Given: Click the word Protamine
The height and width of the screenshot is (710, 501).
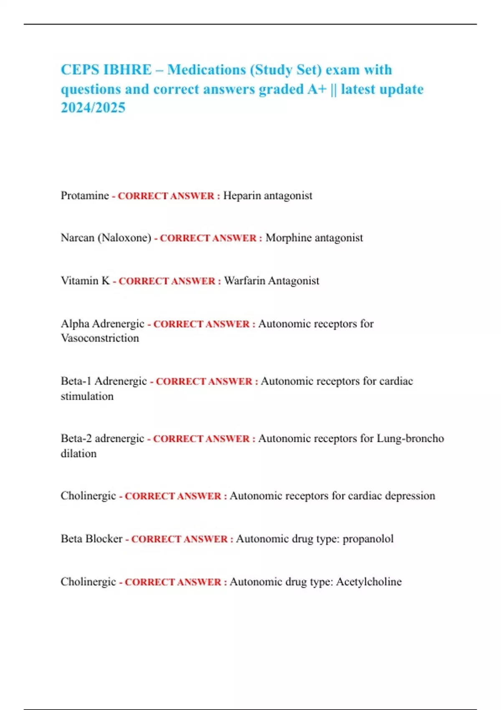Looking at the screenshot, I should tap(85, 195).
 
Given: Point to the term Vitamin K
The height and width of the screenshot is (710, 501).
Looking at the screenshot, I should tap(85, 281).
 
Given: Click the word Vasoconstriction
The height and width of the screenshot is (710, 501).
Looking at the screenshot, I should tap(100, 338).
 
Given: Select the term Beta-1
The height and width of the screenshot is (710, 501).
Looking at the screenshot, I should tap(76, 381).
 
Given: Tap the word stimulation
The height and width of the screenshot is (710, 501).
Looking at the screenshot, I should tap(87, 396).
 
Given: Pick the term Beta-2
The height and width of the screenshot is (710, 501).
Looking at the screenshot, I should tap(76, 439).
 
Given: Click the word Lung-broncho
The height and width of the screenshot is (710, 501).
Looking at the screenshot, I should tap(410, 439).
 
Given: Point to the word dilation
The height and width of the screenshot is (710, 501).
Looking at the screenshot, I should tap(78, 454).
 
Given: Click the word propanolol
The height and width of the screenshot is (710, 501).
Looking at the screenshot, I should tap(368, 539).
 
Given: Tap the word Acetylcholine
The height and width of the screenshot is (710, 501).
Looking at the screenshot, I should tap(369, 582).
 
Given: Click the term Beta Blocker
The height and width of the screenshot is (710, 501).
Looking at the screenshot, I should tap(91, 539).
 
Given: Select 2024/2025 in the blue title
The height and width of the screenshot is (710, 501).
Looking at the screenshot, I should tap(93, 108).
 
